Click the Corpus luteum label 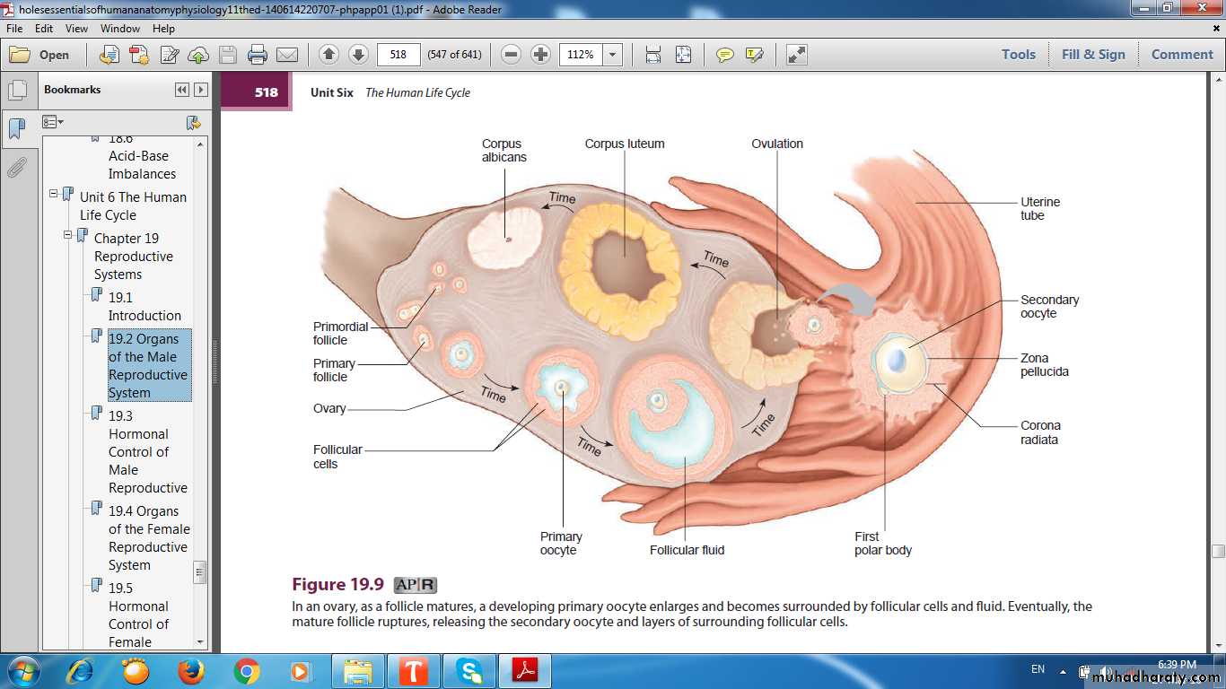point(625,144)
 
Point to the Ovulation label point(776,144)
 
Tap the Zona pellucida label point(1045,365)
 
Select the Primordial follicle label point(340,333)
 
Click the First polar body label point(883,544)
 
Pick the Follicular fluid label point(687,550)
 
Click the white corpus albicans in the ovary point(504,237)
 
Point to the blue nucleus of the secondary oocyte point(896,361)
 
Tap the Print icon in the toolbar point(258,55)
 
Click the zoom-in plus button point(540,55)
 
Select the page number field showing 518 point(398,55)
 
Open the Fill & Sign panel point(1093,55)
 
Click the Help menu point(163,29)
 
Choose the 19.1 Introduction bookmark point(144,307)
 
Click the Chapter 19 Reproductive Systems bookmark point(134,256)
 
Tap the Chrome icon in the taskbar point(246,671)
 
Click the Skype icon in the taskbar point(469,671)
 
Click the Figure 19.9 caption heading point(337,584)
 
